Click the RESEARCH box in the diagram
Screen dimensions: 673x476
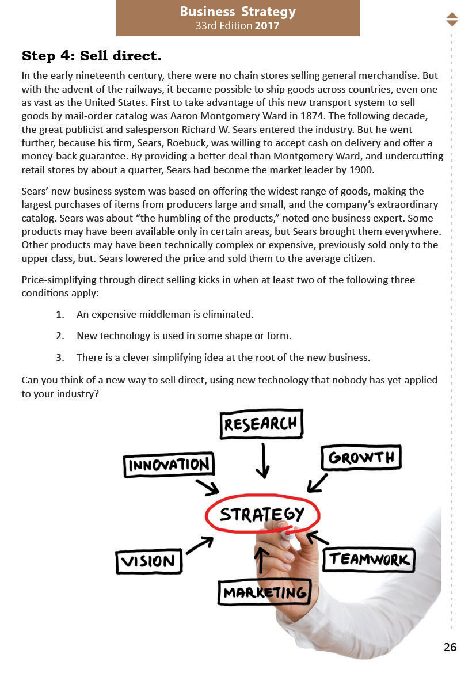tap(261, 424)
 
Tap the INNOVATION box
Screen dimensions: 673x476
tap(169, 465)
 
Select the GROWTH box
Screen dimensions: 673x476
tap(361, 458)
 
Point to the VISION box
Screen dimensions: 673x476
tap(149, 561)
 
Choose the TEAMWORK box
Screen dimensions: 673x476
tap(369, 559)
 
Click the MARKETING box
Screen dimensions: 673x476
tap(264, 592)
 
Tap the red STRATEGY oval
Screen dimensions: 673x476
tap(262, 514)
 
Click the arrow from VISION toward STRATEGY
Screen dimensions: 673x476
tap(199, 545)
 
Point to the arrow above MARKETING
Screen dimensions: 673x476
tap(261, 560)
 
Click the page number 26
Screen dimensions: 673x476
tap(450, 647)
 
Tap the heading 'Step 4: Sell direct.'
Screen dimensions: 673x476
tap(92, 56)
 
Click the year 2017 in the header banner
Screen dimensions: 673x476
tap(266, 26)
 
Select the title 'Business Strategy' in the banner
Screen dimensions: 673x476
tap(238, 12)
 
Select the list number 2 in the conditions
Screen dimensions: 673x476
tap(60, 336)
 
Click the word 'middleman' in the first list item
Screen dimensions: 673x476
tap(166, 314)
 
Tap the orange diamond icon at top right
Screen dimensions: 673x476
tap(452, 19)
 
